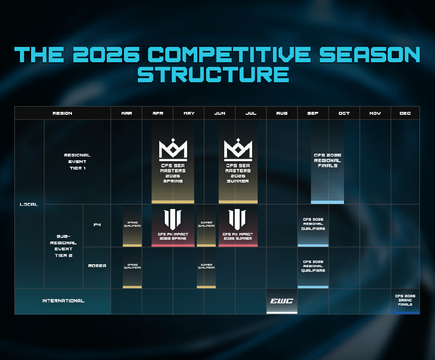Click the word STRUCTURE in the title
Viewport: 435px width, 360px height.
coord(217,74)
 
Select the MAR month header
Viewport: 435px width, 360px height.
coord(126,113)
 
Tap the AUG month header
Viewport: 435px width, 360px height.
coord(281,113)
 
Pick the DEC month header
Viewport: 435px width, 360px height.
coord(405,113)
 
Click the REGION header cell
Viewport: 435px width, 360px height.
coord(63,113)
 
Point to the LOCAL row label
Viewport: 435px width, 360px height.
coord(29,204)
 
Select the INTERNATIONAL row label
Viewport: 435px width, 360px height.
coord(63,301)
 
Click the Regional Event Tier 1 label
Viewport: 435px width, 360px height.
coord(78,162)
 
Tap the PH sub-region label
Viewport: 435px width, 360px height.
coord(97,225)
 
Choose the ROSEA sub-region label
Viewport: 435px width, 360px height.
coord(97,266)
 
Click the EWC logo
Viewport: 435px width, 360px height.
coord(281,301)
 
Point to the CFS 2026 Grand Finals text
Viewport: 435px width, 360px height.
coord(405,300)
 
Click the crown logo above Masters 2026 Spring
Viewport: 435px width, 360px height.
coord(173,150)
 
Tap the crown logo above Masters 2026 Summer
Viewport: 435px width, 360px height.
coord(238,150)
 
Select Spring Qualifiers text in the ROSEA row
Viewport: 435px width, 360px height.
coord(132,266)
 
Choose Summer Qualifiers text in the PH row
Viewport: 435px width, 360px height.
coord(206,224)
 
